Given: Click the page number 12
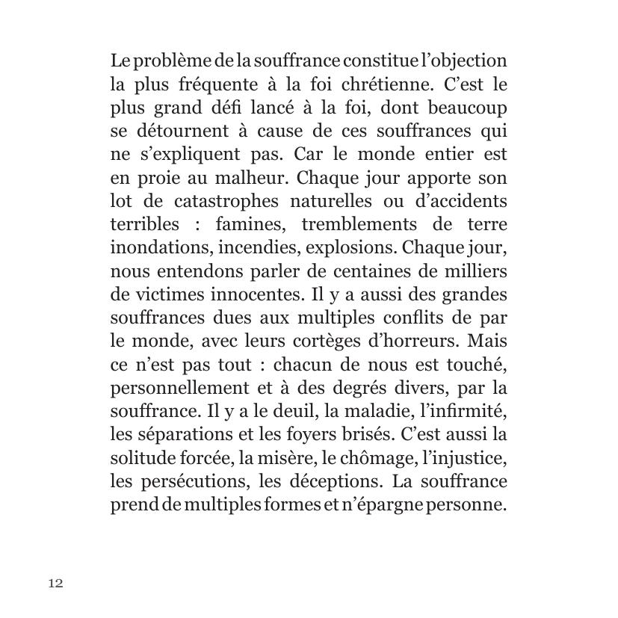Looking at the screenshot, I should pyautogui.click(x=56, y=584).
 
